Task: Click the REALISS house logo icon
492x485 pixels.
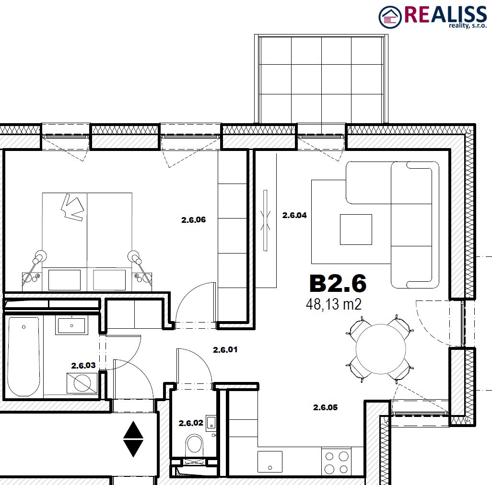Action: coord(390,17)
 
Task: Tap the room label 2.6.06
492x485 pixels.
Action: coord(194,220)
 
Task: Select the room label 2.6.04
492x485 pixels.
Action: coord(294,215)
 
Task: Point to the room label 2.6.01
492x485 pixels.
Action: coord(225,349)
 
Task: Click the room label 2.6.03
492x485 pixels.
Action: coord(83,366)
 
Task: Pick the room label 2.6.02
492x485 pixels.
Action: coord(191,423)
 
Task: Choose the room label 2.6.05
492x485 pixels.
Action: coord(326,407)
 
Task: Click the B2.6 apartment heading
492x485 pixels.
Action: coord(338,283)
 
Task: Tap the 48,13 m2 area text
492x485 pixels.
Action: coord(334,304)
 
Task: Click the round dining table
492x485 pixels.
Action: coord(381,349)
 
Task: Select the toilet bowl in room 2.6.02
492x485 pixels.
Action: coord(194,445)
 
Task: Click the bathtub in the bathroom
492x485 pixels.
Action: coord(24,357)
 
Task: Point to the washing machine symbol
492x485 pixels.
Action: coord(82,383)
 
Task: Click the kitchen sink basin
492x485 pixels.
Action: coord(270,462)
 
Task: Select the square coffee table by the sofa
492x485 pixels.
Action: coord(356,230)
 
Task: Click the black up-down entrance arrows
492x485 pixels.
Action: coord(133,439)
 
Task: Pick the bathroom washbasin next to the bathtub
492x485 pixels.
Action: coord(72,325)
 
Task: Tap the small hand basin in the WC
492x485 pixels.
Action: coord(211,422)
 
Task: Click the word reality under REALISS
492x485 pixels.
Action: coord(459,26)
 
